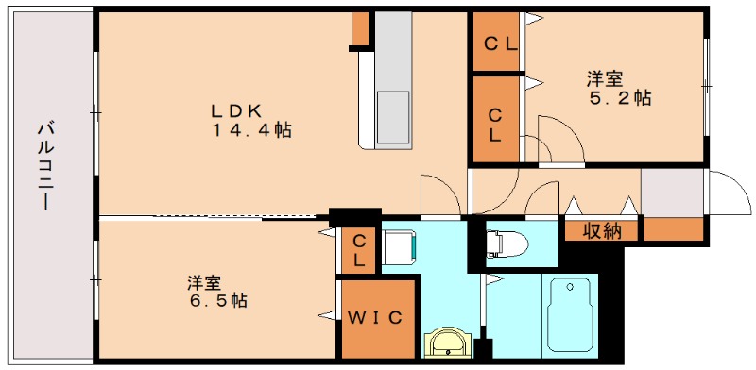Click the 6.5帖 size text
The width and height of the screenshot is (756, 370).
[x=216, y=302]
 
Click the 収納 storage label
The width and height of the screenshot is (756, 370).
[x=601, y=229]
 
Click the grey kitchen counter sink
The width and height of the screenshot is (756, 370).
[x=393, y=115]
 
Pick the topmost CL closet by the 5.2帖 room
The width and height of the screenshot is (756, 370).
[x=498, y=43]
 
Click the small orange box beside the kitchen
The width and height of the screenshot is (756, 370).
[x=360, y=29]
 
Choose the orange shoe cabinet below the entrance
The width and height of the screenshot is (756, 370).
[x=674, y=228]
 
